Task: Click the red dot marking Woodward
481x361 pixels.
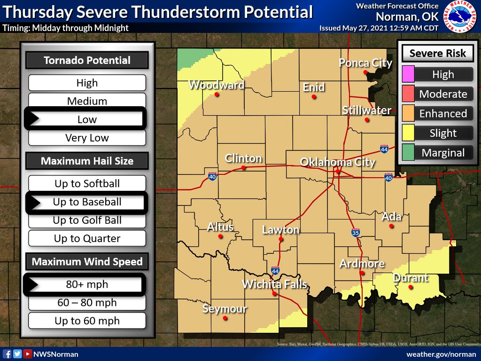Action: [217, 94]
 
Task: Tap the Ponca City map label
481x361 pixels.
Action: [365, 63]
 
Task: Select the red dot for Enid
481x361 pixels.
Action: [314, 97]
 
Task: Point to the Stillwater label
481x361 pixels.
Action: [366, 110]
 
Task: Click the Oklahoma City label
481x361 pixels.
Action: [337, 163]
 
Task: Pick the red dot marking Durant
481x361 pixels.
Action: [411, 287]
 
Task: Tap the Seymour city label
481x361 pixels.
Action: [225, 309]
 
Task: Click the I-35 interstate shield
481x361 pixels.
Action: [356, 233]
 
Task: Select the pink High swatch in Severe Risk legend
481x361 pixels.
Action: [408, 74]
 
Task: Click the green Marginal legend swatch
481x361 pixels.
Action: [408, 153]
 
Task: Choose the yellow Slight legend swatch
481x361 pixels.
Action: [408, 133]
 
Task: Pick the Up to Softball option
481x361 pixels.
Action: [87, 184]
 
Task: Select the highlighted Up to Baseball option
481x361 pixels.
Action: [87, 202]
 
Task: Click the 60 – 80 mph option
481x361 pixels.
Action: [87, 303]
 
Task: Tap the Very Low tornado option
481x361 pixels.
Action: [87, 138]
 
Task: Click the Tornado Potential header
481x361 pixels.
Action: [87, 60]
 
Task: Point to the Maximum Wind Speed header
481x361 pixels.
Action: [87, 262]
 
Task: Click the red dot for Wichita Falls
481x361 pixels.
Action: [274, 294]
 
